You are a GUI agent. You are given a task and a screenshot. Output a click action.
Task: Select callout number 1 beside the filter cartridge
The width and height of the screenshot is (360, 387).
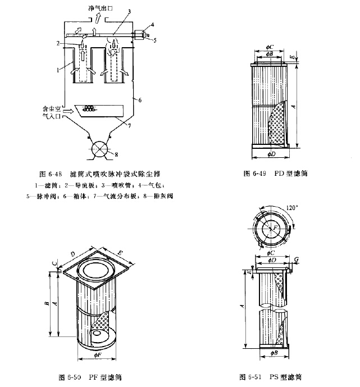[x=58, y=71]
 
